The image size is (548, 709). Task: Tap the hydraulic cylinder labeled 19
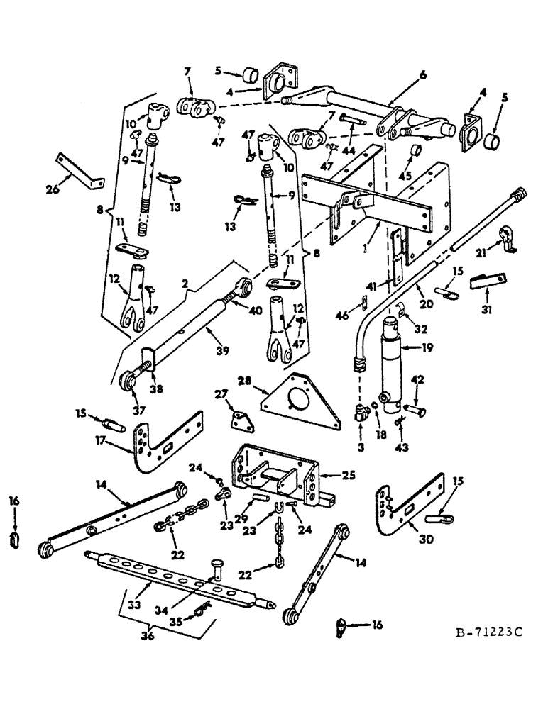point(393,369)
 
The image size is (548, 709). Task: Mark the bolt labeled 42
point(414,411)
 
